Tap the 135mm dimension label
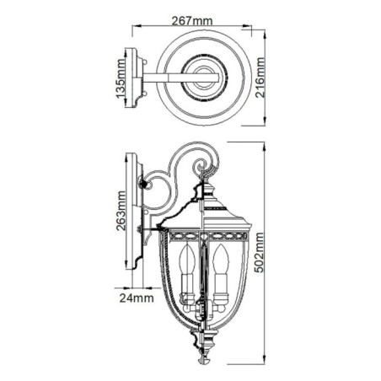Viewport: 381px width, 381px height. coord(121,79)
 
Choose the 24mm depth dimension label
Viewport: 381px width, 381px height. coord(134,297)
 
